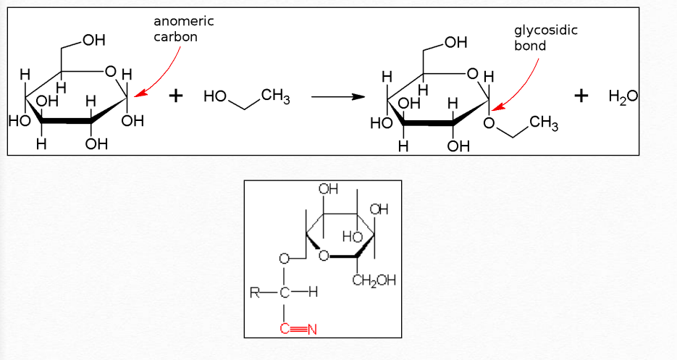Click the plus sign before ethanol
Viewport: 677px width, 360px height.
pyautogui.click(x=175, y=96)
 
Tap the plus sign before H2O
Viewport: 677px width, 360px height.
pyautogui.click(x=581, y=96)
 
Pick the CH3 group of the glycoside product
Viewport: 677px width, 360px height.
pyautogui.click(x=544, y=124)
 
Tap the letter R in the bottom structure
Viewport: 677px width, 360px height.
pyautogui.click(x=254, y=293)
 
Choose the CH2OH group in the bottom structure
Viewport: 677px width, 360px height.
pyautogui.click(x=374, y=280)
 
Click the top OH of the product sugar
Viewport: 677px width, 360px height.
pyautogui.click(x=455, y=43)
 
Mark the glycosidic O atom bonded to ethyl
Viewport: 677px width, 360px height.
pyautogui.click(x=489, y=124)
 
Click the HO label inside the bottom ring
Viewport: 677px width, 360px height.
pyautogui.click(x=352, y=236)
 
